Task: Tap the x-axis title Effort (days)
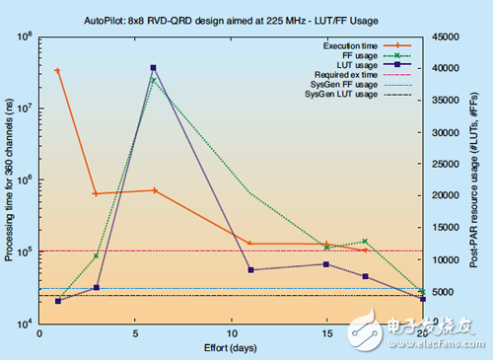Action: coord(231,348)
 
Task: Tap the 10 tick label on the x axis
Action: coord(231,333)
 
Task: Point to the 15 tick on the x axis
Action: coord(326,333)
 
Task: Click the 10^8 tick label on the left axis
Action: coord(22,37)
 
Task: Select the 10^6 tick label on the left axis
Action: coord(22,180)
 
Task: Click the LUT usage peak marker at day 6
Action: coord(154,68)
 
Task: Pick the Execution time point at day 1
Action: coord(58,71)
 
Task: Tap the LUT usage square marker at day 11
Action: coord(250,269)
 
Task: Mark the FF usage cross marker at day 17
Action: coord(365,242)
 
